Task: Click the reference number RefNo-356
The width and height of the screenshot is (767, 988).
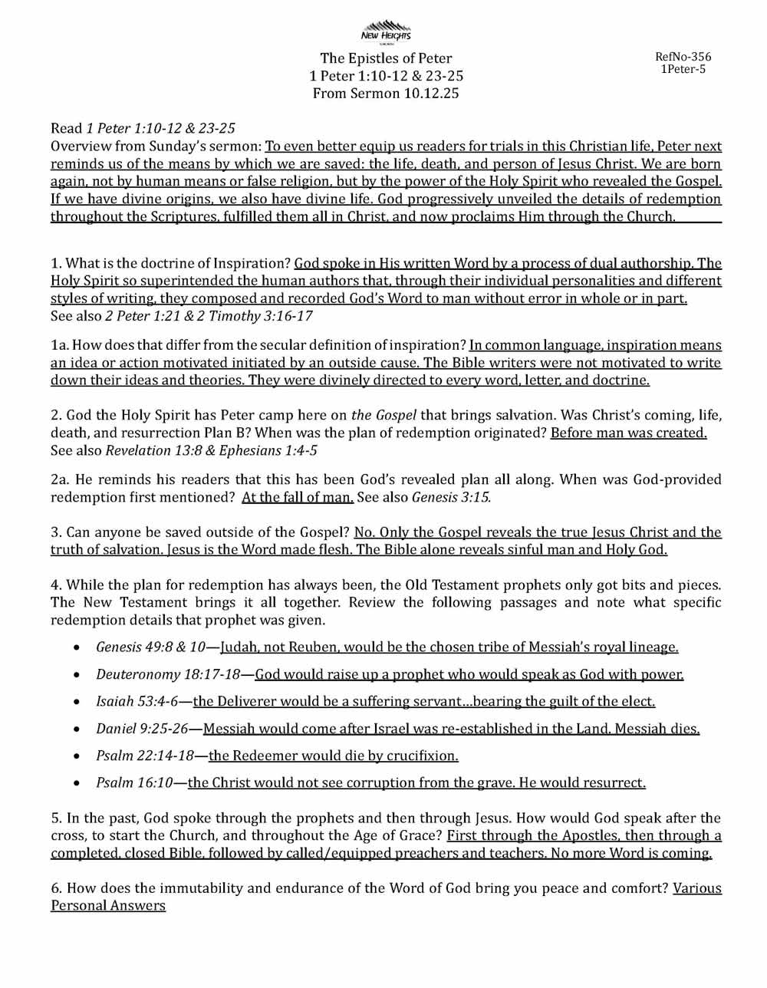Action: [x=683, y=57]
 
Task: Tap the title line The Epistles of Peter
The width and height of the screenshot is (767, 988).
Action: [x=386, y=58]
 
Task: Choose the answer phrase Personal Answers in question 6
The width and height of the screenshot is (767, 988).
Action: [x=108, y=906]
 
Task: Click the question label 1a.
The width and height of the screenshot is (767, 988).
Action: [x=61, y=345]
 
